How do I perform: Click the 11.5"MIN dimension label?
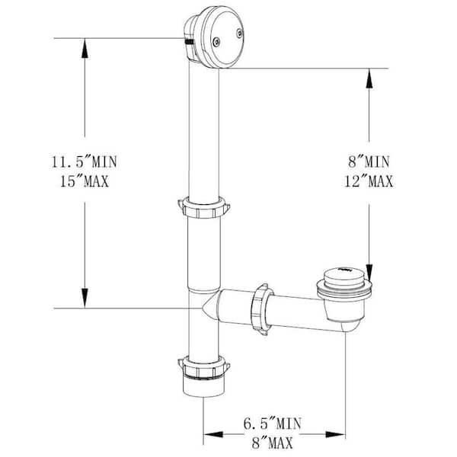coord(84,162)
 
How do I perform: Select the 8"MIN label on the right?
coord(368,162)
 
